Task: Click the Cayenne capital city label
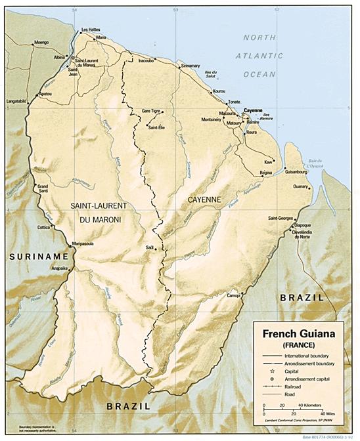pyautogui.click(x=253, y=110)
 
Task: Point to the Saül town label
pyautogui.click(x=149, y=248)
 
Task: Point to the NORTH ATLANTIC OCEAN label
pyautogui.click(x=269, y=56)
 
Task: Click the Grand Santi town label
pyautogui.click(x=43, y=189)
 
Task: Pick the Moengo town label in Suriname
pyautogui.click(x=41, y=42)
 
